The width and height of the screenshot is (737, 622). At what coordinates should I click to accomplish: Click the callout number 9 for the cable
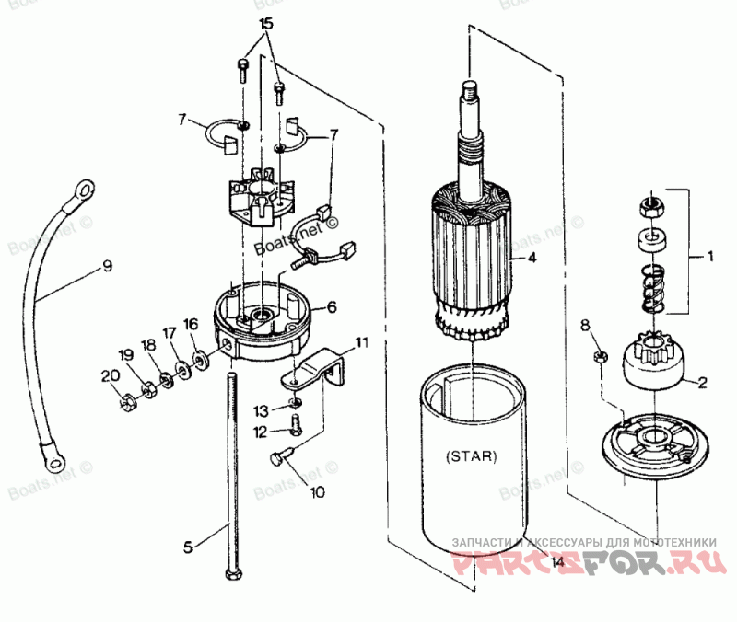click(x=107, y=267)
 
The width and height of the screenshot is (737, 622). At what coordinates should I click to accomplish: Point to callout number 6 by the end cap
click(x=332, y=306)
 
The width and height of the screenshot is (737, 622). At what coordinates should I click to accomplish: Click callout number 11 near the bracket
click(x=362, y=342)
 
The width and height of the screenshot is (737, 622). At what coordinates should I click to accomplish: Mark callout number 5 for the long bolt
click(x=188, y=547)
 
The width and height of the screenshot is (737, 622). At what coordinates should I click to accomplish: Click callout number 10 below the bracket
click(x=316, y=492)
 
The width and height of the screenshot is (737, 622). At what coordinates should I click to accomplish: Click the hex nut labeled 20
click(x=128, y=399)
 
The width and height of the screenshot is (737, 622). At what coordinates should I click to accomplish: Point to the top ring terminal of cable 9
click(x=84, y=190)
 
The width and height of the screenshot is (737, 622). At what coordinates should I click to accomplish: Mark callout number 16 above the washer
click(x=190, y=324)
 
